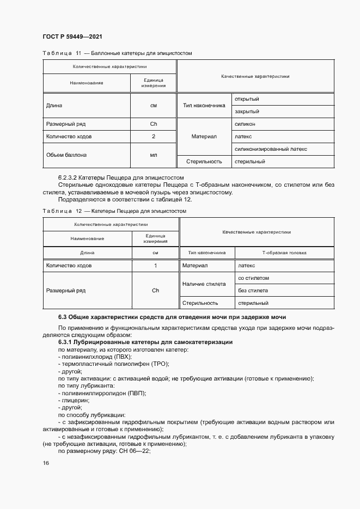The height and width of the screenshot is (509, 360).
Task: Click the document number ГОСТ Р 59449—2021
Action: pyautogui.click(x=72, y=36)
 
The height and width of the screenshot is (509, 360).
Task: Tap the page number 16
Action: pyautogui.click(x=46, y=463)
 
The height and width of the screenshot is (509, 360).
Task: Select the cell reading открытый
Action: pyautogui.click(x=247, y=99)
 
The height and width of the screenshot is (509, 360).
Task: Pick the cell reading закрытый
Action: pyautogui.click(x=247, y=112)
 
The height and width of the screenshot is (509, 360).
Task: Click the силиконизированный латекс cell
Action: pyautogui.click(x=271, y=148)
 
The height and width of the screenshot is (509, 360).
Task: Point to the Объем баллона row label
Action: pyautogui.click(x=66, y=155)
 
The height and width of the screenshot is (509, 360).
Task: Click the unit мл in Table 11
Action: pyautogui.click(x=154, y=155)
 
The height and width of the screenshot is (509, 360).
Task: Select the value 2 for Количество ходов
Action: pyautogui.click(x=154, y=136)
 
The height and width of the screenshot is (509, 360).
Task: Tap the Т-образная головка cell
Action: pyautogui.click(x=284, y=253)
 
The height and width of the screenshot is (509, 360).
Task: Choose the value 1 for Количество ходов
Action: pyautogui.click(x=155, y=266)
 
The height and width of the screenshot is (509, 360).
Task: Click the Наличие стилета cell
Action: pyautogui.click(x=204, y=284)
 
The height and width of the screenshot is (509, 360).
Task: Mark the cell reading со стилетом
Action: pyautogui.click(x=254, y=278)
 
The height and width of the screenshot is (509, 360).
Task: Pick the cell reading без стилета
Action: pyautogui.click(x=253, y=291)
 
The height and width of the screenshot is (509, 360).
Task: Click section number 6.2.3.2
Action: pyautogui.click(x=69, y=177)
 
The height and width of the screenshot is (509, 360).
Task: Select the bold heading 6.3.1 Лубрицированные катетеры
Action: pyautogui.click(x=145, y=341)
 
